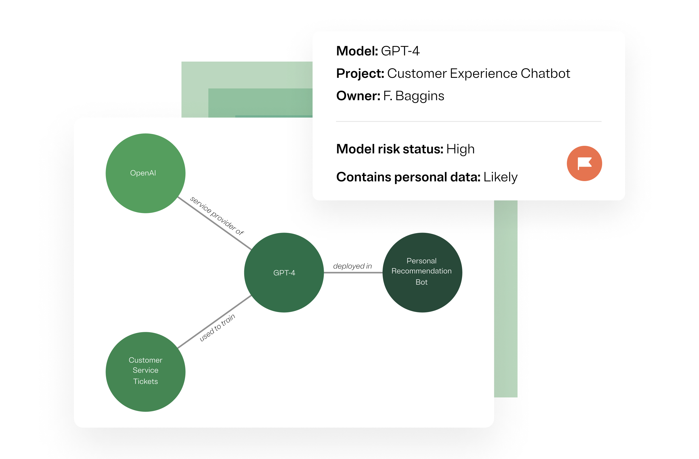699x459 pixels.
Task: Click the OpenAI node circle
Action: (145, 173)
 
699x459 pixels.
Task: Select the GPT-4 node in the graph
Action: (284, 273)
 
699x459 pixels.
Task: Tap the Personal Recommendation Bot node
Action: (422, 273)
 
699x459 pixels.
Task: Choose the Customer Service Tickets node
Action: (145, 372)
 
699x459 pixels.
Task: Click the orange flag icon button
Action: (584, 163)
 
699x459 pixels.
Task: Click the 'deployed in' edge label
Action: (352, 266)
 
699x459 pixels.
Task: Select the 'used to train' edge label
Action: (217, 327)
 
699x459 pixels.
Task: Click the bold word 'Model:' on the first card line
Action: (357, 51)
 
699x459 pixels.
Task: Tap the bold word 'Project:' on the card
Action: (360, 73)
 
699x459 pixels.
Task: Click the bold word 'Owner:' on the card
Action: (358, 96)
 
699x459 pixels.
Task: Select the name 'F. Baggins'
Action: (414, 96)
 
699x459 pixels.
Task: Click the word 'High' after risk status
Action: (460, 149)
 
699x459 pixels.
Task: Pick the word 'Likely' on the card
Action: (500, 177)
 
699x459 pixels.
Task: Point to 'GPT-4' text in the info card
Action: (400, 51)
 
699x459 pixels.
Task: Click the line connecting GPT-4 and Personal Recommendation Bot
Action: (353, 273)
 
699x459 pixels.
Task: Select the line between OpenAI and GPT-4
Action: (215, 223)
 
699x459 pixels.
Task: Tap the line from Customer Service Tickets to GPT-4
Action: (215, 322)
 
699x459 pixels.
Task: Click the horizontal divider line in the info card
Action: (469, 121)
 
